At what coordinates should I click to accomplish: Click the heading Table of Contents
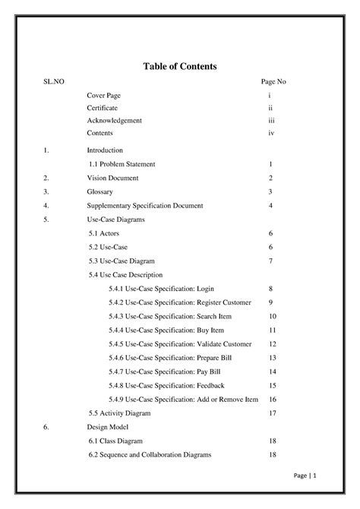180,67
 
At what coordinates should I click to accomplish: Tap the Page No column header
273,81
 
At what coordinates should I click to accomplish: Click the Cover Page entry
104,95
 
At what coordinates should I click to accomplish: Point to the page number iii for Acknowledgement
270,121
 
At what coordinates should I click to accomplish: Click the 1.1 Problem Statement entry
122,164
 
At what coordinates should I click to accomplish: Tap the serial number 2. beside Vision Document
46,178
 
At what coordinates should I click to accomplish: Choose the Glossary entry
99,191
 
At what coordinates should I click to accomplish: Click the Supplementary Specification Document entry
145,205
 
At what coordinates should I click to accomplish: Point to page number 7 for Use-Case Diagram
270,261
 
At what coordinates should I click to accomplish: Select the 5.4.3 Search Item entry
170,316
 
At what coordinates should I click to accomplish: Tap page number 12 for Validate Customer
272,344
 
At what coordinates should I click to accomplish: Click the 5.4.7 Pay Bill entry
166,371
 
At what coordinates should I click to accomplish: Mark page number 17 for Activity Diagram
272,413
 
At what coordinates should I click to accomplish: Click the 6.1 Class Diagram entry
116,441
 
